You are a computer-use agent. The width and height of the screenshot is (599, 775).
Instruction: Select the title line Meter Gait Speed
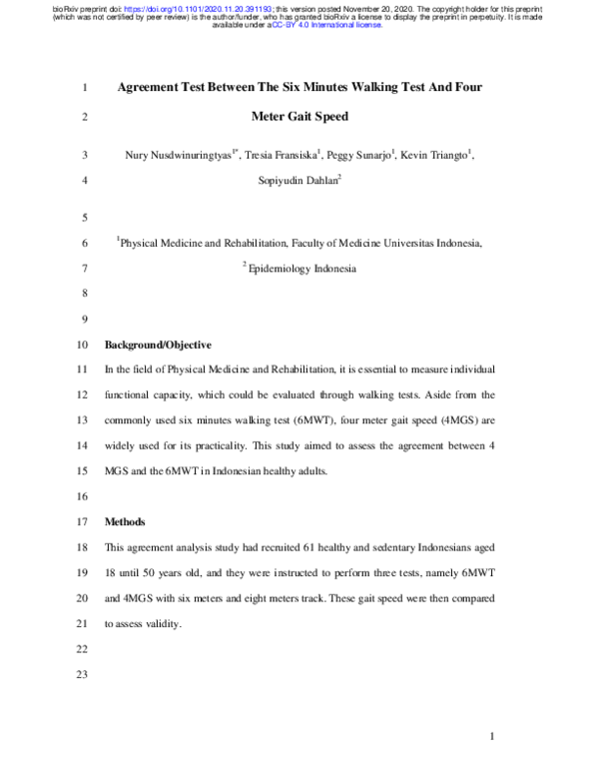(x=299, y=117)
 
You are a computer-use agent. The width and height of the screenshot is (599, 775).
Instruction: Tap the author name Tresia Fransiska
(x=284, y=156)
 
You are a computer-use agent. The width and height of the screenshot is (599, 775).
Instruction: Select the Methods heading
(x=125, y=522)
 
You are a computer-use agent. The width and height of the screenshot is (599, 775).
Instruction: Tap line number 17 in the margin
(x=83, y=522)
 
